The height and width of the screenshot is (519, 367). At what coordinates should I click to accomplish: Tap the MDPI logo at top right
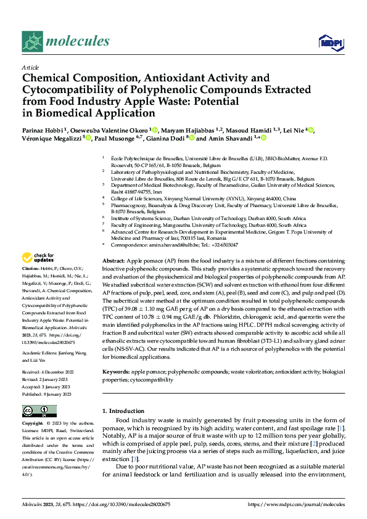click(328, 42)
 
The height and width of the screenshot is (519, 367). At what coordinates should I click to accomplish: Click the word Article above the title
click(30, 67)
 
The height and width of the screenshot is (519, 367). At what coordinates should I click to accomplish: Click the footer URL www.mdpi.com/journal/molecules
click(296, 504)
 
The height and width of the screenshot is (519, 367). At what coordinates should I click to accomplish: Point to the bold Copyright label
click(33, 424)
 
